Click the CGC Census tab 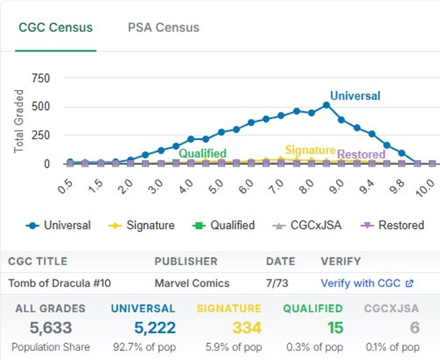(55, 27)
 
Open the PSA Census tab (163, 27)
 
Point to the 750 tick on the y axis (41, 78)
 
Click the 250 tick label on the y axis (41, 135)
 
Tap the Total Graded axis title (19, 121)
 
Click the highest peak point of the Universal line (326, 105)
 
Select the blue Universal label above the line (355, 96)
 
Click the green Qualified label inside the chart (202, 153)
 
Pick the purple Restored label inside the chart (361, 154)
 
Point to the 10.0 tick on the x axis (426, 188)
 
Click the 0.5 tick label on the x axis (65, 187)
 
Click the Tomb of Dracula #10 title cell (59, 283)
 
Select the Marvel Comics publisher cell (192, 283)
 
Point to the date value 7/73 (277, 283)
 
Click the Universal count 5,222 (155, 328)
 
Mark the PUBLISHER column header (186, 261)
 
